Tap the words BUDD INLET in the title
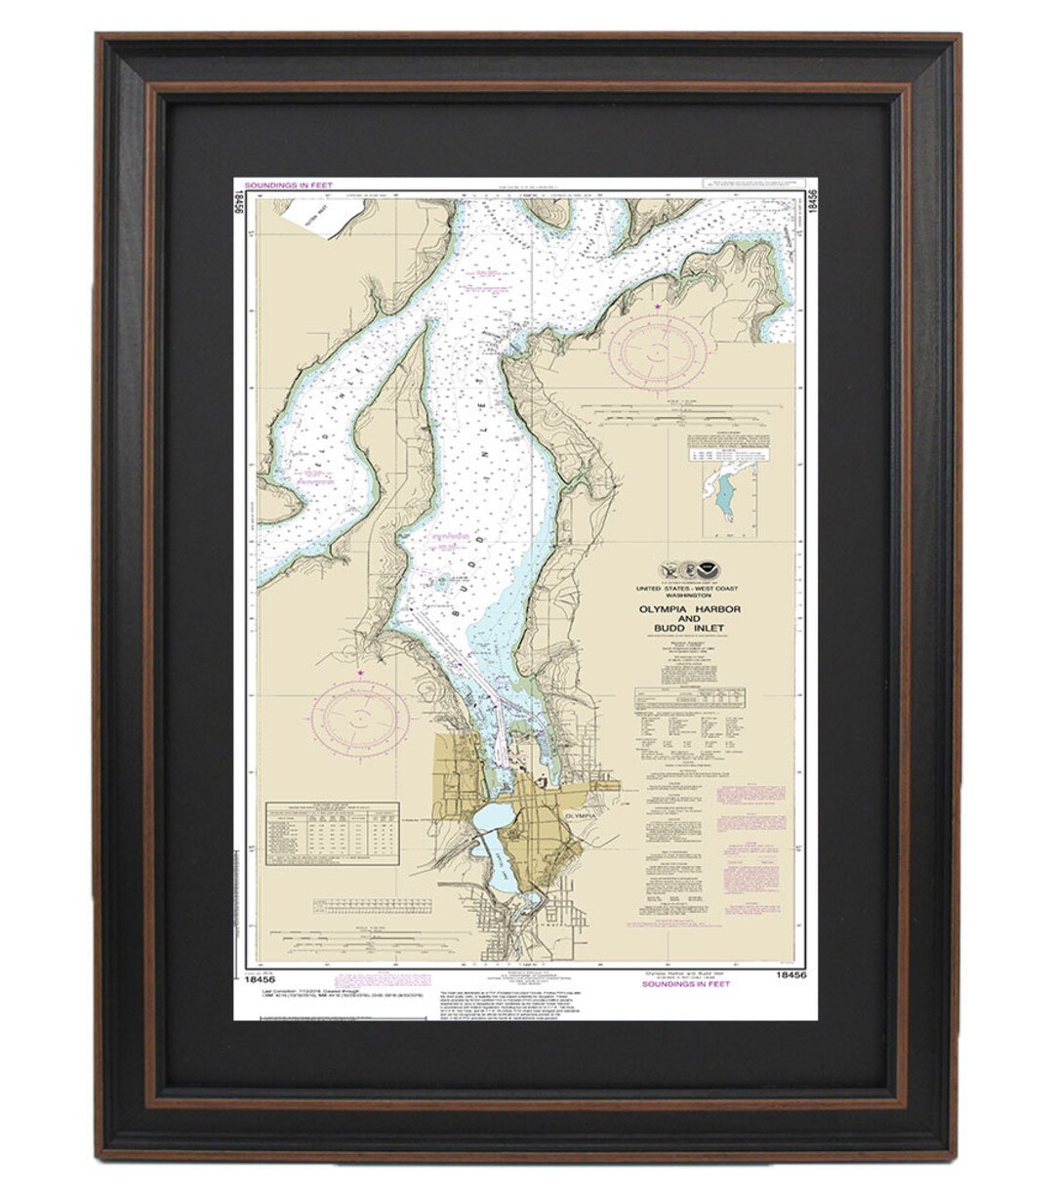coord(688,627)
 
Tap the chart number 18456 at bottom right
coord(791,974)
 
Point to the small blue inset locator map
coord(731,499)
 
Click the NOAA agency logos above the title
coord(687,567)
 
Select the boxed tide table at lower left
coord(332,833)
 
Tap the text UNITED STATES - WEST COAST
coord(687,588)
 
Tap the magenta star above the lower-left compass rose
coord(361,673)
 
